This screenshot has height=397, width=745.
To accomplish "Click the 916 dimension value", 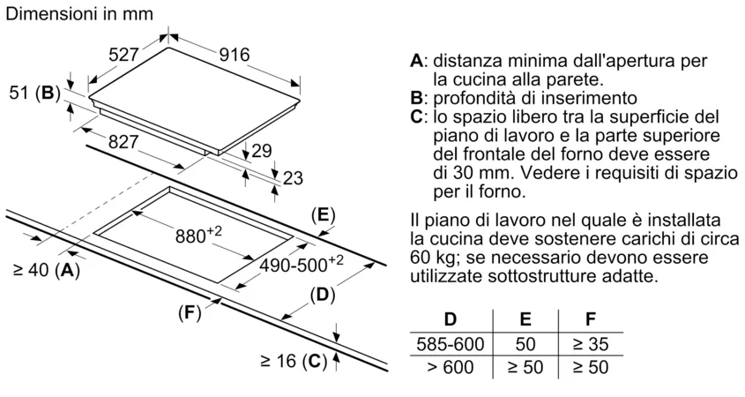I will click(x=235, y=55).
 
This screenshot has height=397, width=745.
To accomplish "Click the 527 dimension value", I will click(x=124, y=55).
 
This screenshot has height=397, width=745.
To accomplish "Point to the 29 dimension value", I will click(x=261, y=151).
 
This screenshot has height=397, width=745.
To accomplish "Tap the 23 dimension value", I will click(x=293, y=178).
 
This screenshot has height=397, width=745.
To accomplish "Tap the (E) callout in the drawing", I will click(x=324, y=215).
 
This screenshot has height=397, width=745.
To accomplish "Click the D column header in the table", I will click(x=451, y=318).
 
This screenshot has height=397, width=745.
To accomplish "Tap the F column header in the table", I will click(x=591, y=318).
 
